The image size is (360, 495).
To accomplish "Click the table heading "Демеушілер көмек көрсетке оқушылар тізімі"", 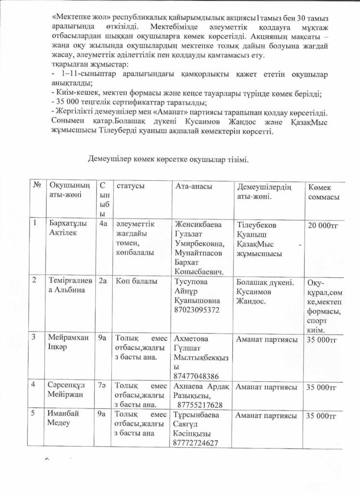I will [168, 159].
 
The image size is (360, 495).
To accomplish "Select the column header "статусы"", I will [130, 186].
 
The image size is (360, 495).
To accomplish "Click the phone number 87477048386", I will [196, 376].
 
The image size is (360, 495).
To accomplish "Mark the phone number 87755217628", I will [200, 405].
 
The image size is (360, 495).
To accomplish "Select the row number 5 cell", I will [35, 414].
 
